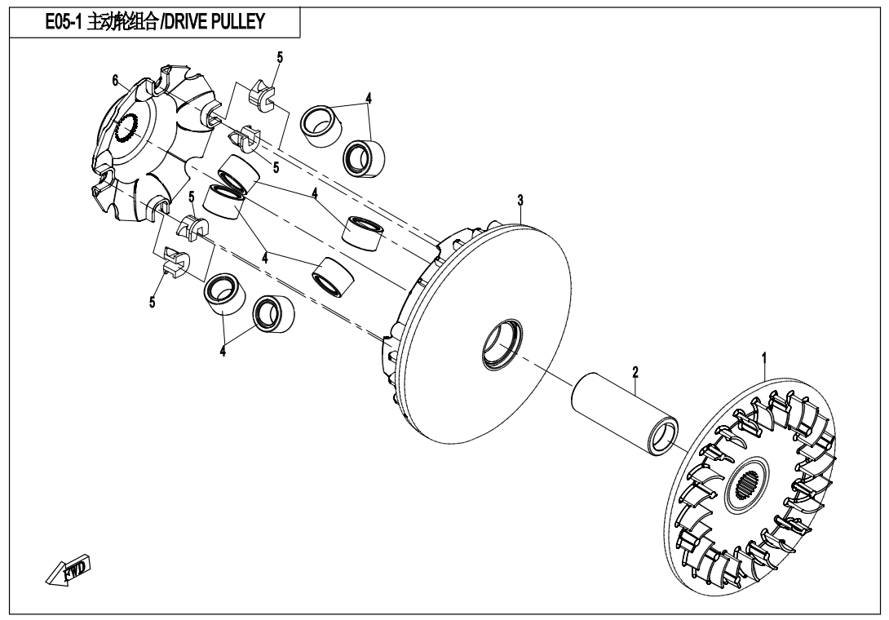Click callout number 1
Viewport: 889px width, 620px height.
764,358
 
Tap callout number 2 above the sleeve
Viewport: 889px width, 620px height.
635,372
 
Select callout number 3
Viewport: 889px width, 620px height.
520,201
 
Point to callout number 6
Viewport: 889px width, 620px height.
116,79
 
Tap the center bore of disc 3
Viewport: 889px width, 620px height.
498,344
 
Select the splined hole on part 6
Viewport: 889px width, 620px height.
127,128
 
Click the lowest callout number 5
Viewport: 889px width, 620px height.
152,302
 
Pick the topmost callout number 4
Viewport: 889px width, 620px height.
369,97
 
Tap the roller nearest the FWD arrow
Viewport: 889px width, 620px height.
221,294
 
